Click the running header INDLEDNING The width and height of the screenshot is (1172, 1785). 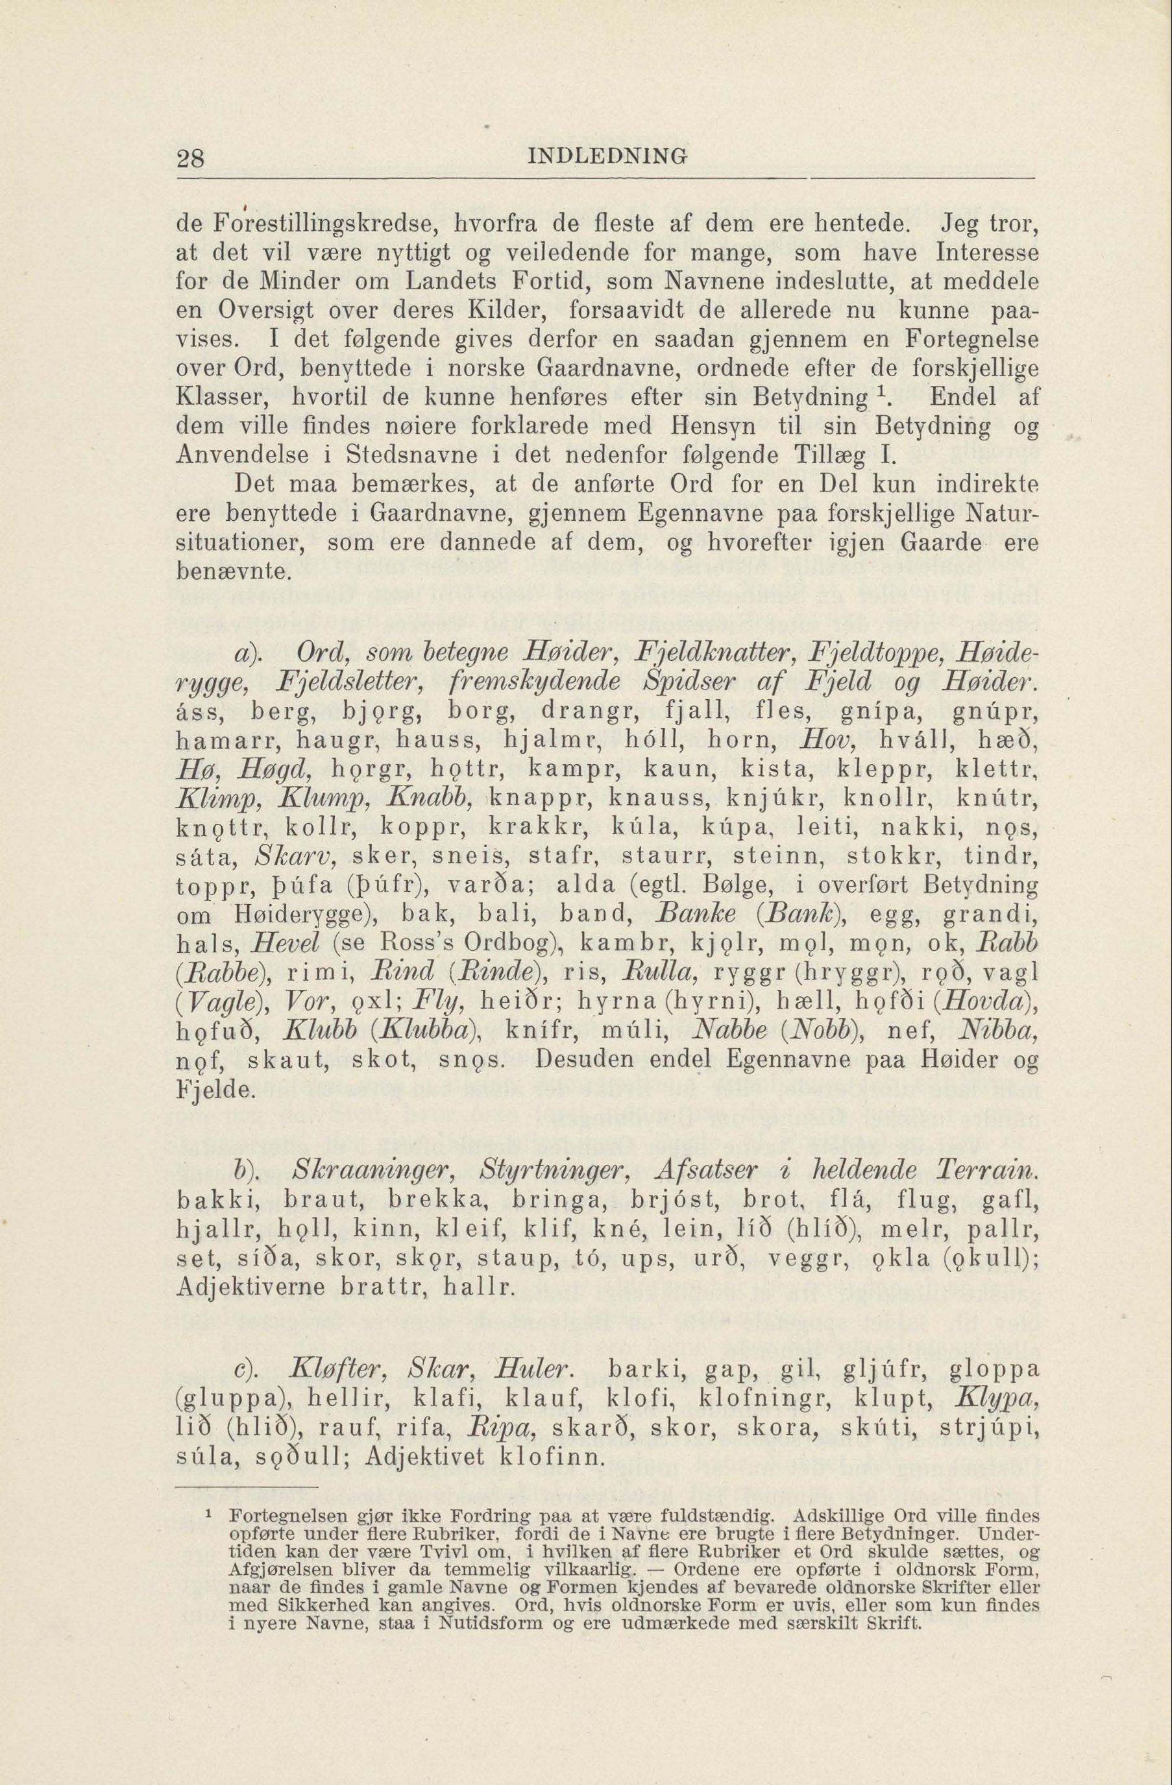click(608, 158)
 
